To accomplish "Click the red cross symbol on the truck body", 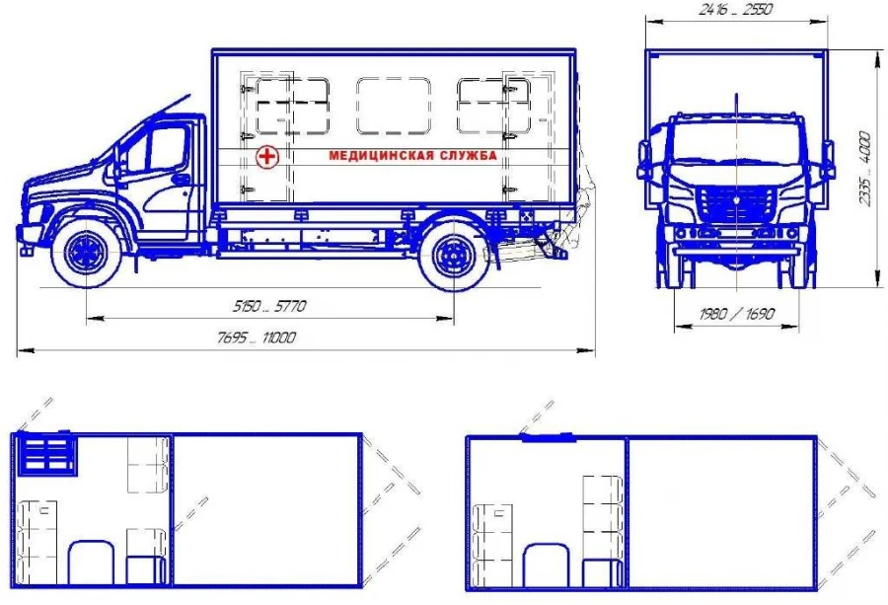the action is pyautogui.click(x=266, y=156).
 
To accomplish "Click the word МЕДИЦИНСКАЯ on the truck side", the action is pyautogui.click(x=381, y=155).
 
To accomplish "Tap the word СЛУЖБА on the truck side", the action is pyautogui.click(x=469, y=155).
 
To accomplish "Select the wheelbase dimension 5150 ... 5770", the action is pyautogui.click(x=269, y=307).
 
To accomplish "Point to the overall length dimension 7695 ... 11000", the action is pyautogui.click(x=257, y=338).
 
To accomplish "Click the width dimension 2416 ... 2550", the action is pyautogui.click(x=736, y=10).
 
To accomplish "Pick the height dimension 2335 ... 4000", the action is pyautogui.click(x=864, y=169).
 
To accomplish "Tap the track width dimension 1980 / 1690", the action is pyautogui.click(x=736, y=313).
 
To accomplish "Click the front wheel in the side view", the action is pyautogui.click(x=87, y=253).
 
